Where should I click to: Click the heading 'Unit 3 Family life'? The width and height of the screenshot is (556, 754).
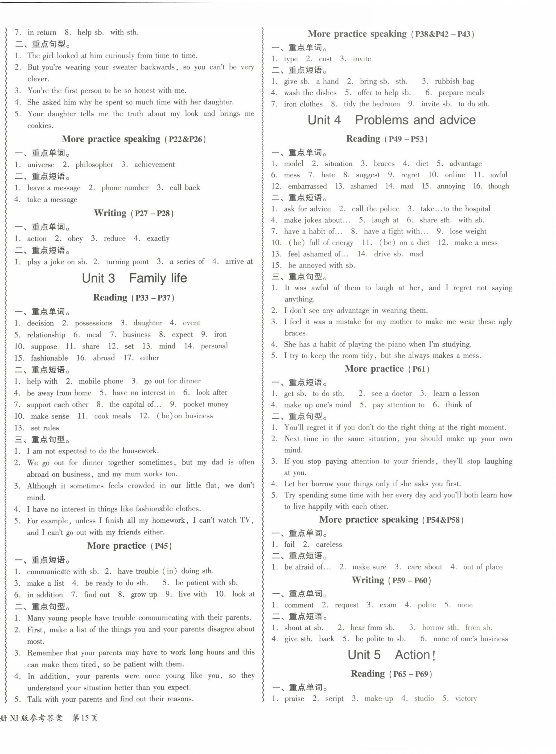coord(134,278)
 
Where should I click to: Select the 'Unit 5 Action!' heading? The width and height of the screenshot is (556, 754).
coord(391,655)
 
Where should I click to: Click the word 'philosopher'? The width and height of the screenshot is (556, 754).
coord(94,165)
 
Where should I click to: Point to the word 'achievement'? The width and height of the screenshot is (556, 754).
coord(154,165)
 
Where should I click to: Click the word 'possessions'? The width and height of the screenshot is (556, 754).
coord(94,323)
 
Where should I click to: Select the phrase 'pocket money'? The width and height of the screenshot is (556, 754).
coord(206,404)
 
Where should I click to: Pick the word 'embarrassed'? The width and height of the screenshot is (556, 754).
coord(307,186)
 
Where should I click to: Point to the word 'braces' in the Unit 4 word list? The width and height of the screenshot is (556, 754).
coord(384,164)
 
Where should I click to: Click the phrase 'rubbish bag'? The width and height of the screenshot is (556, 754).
coord(454,81)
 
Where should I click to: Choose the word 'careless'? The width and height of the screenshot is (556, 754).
coord(329,544)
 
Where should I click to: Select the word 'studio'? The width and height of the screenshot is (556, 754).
coord(424,698)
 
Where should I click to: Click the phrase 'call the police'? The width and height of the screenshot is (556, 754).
coord(376,209)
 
